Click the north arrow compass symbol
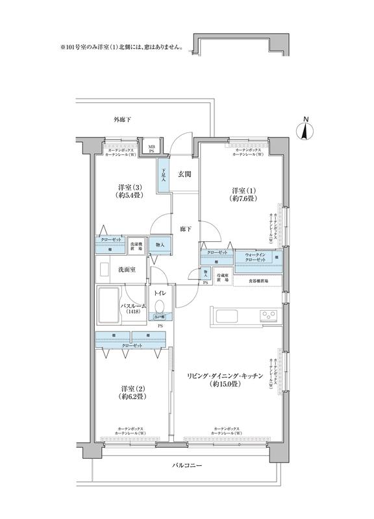(303, 128)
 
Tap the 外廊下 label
(123, 120)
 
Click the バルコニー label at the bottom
(187, 466)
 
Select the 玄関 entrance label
(184, 175)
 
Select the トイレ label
(160, 293)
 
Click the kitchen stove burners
(268, 316)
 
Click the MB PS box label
(151, 149)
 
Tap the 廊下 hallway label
(184, 228)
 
